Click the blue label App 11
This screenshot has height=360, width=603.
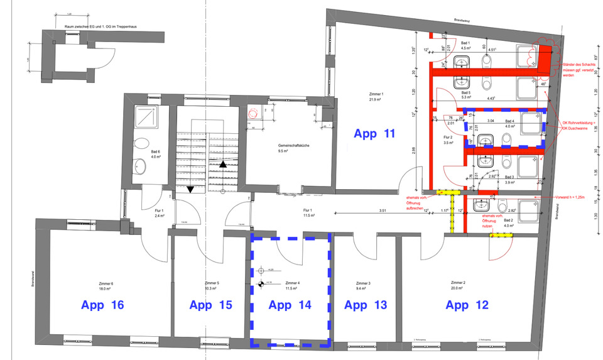pyautogui.click(x=375, y=133)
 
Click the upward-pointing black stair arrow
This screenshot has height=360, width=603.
pyautogui.click(x=223, y=164)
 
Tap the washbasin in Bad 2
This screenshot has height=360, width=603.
pyautogui.click(x=481, y=205)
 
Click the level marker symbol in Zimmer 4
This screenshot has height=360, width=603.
pyautogui.click(x=261, y=285)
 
